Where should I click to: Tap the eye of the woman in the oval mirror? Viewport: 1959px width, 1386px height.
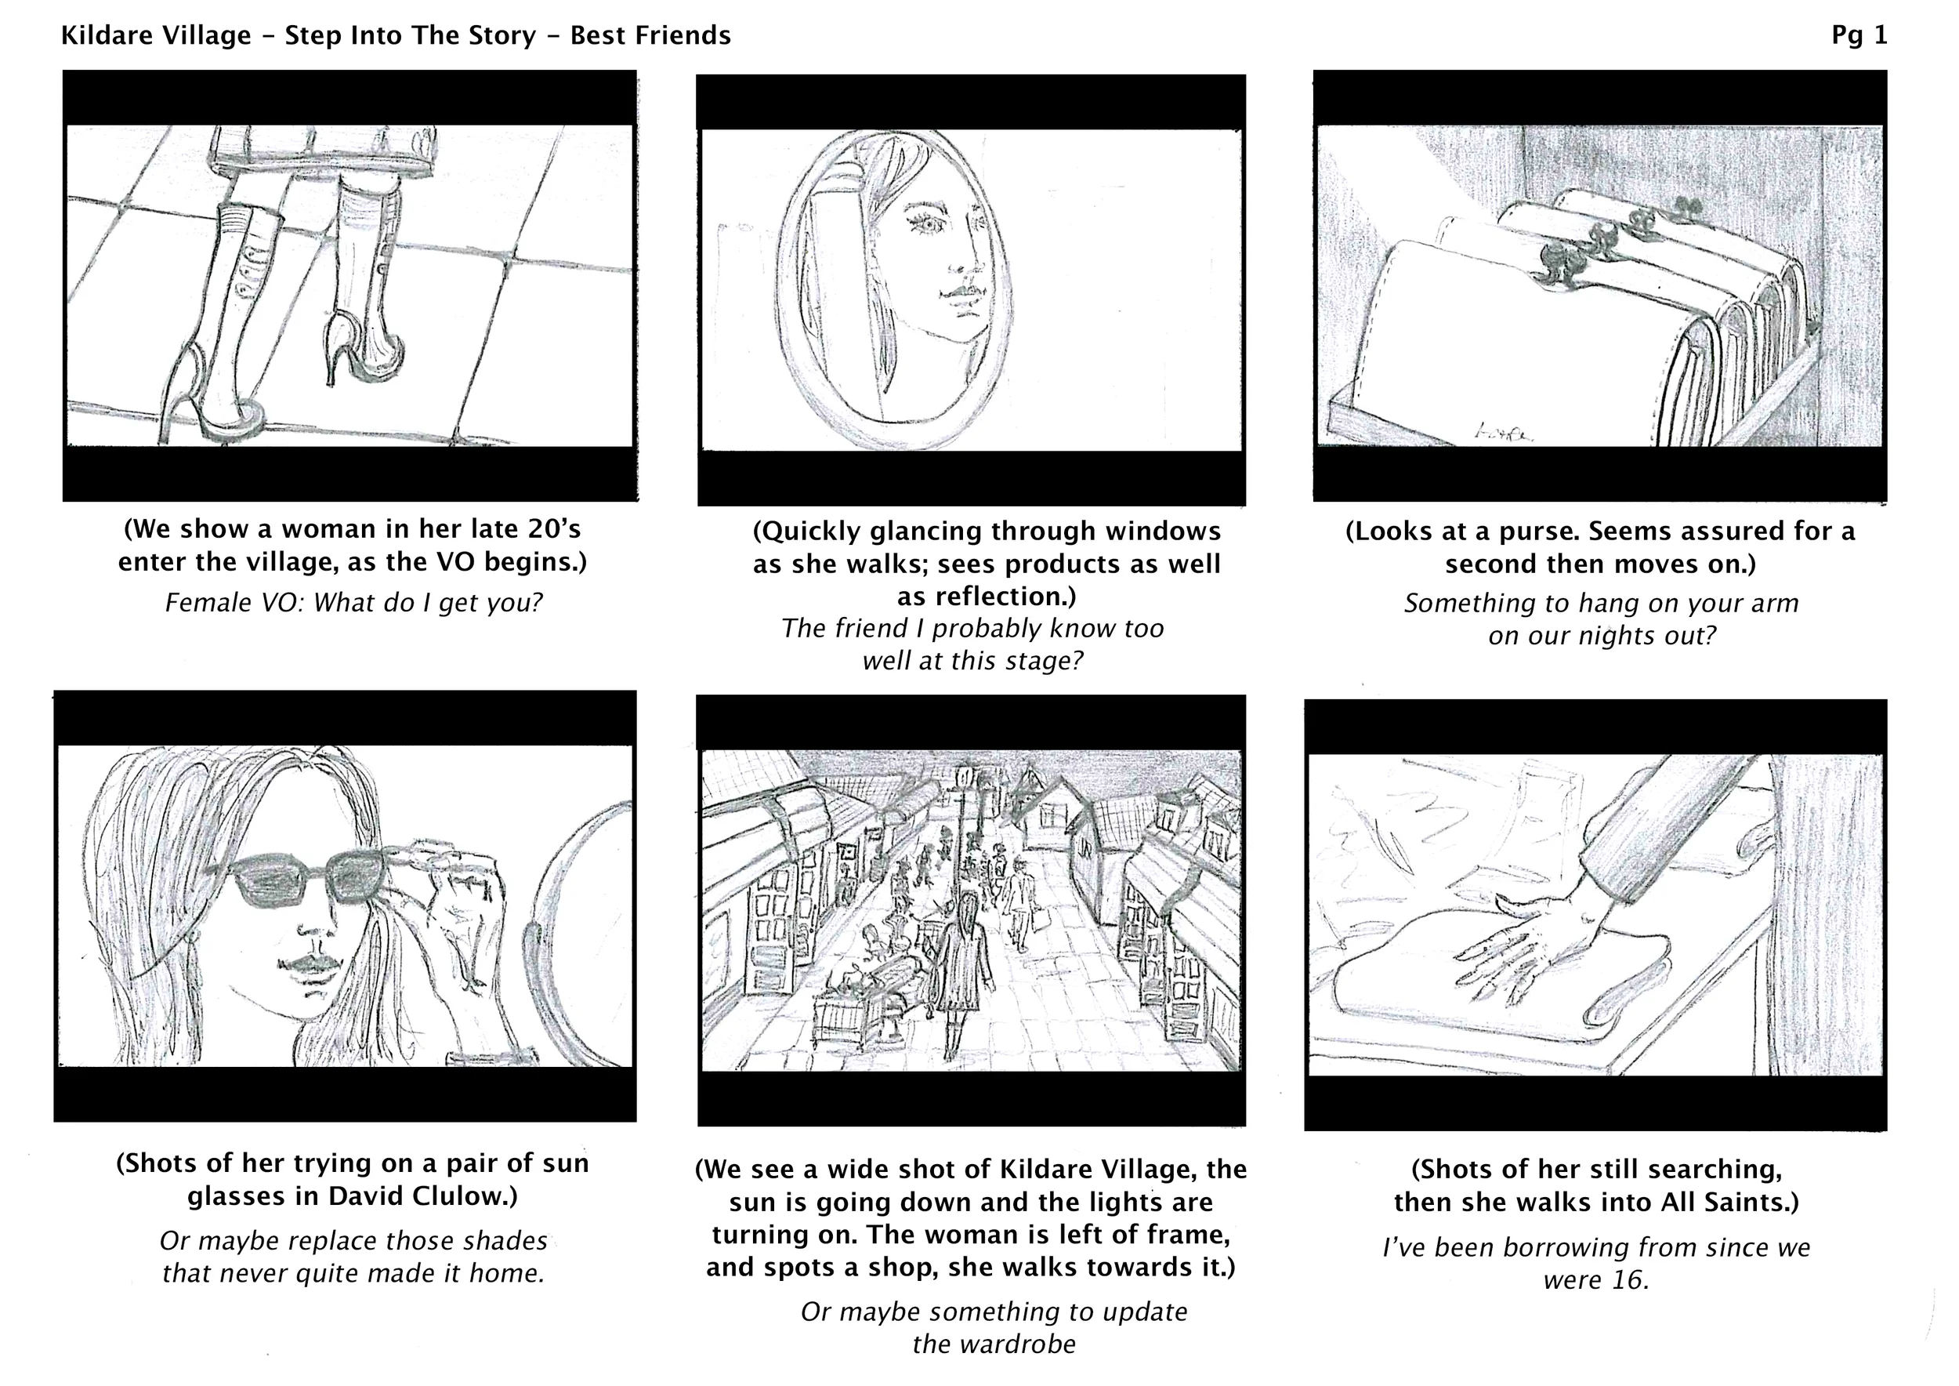coord(928,223)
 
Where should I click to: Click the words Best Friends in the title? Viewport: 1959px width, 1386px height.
coord(650,35)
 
